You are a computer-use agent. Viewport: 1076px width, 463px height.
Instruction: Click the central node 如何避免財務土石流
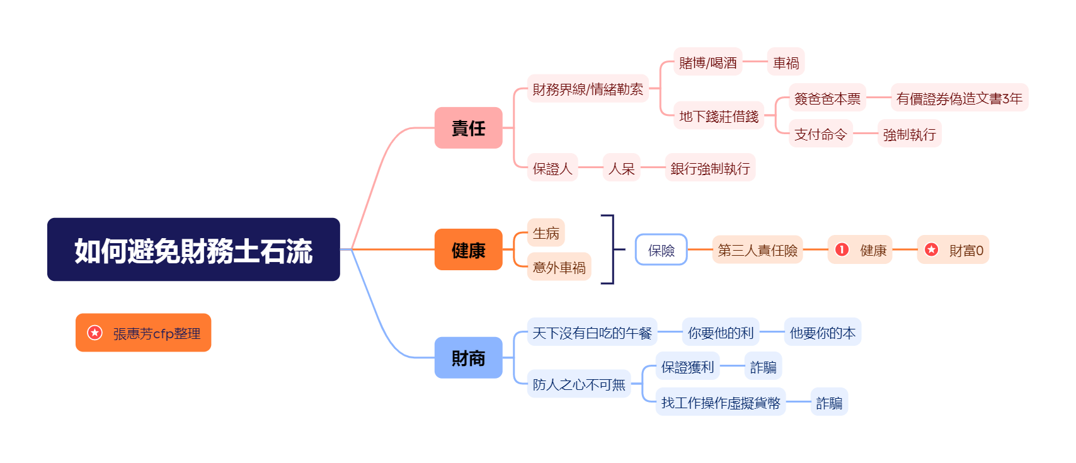point(193,249)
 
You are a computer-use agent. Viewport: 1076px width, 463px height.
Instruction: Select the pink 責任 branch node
point(468,128)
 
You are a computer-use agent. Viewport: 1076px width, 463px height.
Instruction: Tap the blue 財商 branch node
point(468,358)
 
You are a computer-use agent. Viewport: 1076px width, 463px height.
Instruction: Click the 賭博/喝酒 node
point(707,62)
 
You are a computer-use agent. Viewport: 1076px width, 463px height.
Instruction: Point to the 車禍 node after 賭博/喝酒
point(786,62)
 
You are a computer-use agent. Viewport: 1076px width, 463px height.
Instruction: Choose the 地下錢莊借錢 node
point(718,116)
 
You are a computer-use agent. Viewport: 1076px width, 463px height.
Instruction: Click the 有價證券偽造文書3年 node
point(959,98)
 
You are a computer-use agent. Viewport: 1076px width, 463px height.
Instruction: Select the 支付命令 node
point(820,134)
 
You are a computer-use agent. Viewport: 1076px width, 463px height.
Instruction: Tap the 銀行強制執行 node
point(710,168)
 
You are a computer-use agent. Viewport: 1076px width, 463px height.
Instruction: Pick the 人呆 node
point(621,168)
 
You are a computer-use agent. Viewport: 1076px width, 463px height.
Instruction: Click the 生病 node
point(546,232)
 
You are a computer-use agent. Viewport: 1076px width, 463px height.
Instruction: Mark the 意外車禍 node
point(559,267)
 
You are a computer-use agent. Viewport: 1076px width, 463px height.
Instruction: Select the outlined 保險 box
point(661,250)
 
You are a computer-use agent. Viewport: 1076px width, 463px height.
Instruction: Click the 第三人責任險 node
point(757,250)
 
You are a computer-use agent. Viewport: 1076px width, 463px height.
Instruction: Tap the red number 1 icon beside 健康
point(842,249)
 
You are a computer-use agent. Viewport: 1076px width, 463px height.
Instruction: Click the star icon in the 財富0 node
point(931,249)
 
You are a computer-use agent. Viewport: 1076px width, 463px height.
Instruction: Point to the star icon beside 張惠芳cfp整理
point(94,333)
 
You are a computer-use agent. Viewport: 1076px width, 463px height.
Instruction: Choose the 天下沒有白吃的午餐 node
point(592,332)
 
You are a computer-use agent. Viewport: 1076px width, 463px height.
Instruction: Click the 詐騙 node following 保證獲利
point(763,366)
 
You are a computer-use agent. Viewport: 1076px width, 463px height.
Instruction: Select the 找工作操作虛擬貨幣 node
point(720,402)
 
